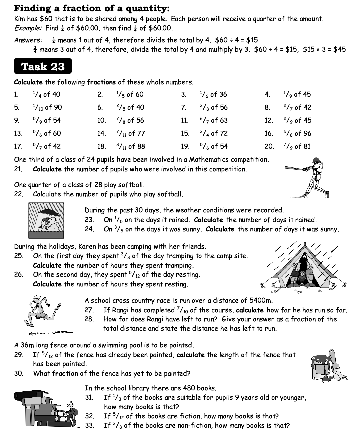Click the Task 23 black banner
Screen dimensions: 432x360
[x=43, y=66]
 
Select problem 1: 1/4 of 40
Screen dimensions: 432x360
[x=46, y=94]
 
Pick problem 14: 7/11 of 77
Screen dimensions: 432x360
[x=130, y=133]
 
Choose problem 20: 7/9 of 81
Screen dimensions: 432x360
[x=297, y=146]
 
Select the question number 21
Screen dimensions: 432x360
[x=18, y=169]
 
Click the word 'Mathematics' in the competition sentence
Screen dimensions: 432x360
[x=209, y=160]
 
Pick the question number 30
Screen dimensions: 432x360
[x=18, y=373]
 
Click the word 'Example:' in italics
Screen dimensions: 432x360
[x=29, y=28]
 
